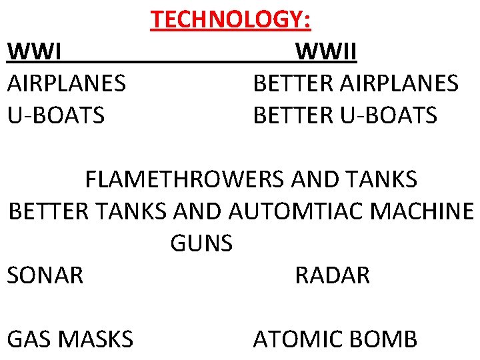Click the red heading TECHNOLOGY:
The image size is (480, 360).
click(231, 20)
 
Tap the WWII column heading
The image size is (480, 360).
click(326, 51)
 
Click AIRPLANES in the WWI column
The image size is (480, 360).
click(66, 83)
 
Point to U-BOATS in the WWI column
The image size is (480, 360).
click(55, 115)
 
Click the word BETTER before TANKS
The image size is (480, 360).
click(48, 211)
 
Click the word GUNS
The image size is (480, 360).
click(201, 243)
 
